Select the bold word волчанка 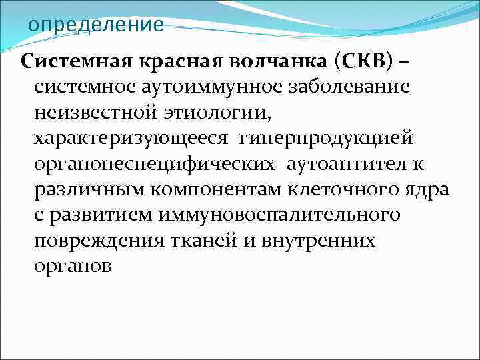[x=276, y=63]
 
